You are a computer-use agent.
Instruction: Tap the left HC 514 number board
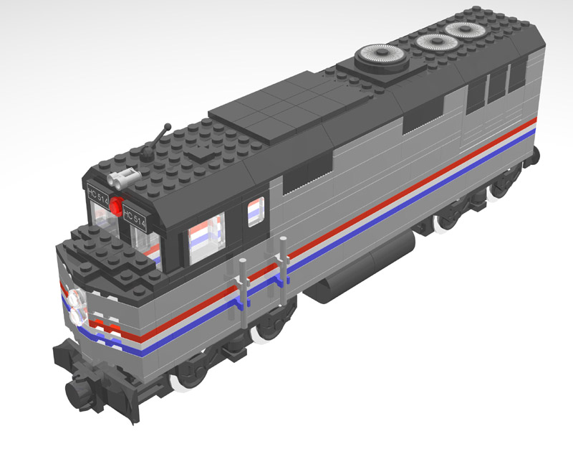[98, 195]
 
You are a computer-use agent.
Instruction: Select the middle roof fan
[435, 42]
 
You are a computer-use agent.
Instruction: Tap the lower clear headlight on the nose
[79, 315]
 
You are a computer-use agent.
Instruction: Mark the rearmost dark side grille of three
[518, 75]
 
